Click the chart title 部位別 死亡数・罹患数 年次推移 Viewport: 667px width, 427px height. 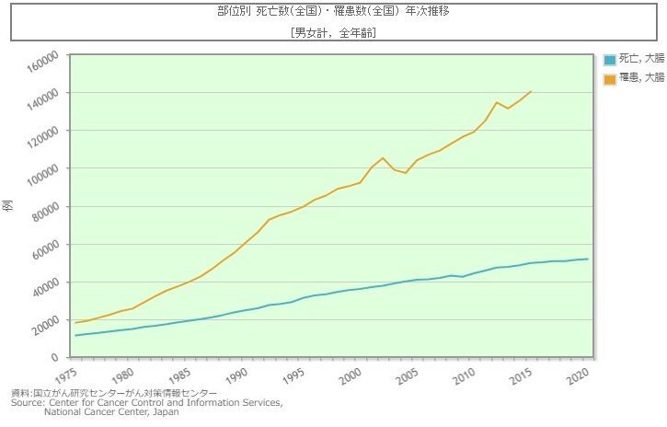(x=332, y=13)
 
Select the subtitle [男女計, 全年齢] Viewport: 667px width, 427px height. (x=332, y=32)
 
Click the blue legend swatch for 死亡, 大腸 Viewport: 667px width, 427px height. (x=610, y=60)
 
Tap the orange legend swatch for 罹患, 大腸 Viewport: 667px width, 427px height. (x=610, y=79)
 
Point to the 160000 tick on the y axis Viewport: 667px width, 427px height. (x=41, y=56)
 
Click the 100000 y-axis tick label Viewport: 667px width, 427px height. (x=41, y=169)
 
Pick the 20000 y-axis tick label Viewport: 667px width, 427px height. (x=44, y=320)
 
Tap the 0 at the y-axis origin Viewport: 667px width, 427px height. (x=56, y=358)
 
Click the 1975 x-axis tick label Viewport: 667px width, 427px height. (x=66, y=378)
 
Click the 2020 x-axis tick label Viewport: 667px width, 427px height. (x=578, y=378)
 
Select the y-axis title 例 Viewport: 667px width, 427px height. (x=8, y=206)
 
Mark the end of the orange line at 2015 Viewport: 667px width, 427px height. (x=531, y=91)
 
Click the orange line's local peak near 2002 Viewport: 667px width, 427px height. (x=383, y=158)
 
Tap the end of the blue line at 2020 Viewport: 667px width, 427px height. (x=588, y=259)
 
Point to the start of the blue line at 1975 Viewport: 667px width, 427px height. (x=75, y=335)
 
